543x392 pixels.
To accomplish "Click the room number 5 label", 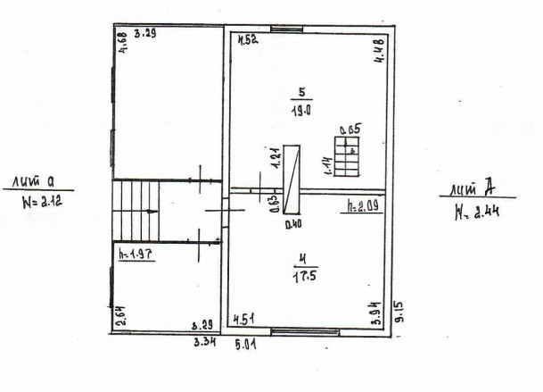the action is [x=303, y=91].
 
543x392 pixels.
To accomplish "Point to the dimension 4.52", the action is [x=247, y=39].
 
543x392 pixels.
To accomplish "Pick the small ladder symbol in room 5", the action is [x=344, y=155].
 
